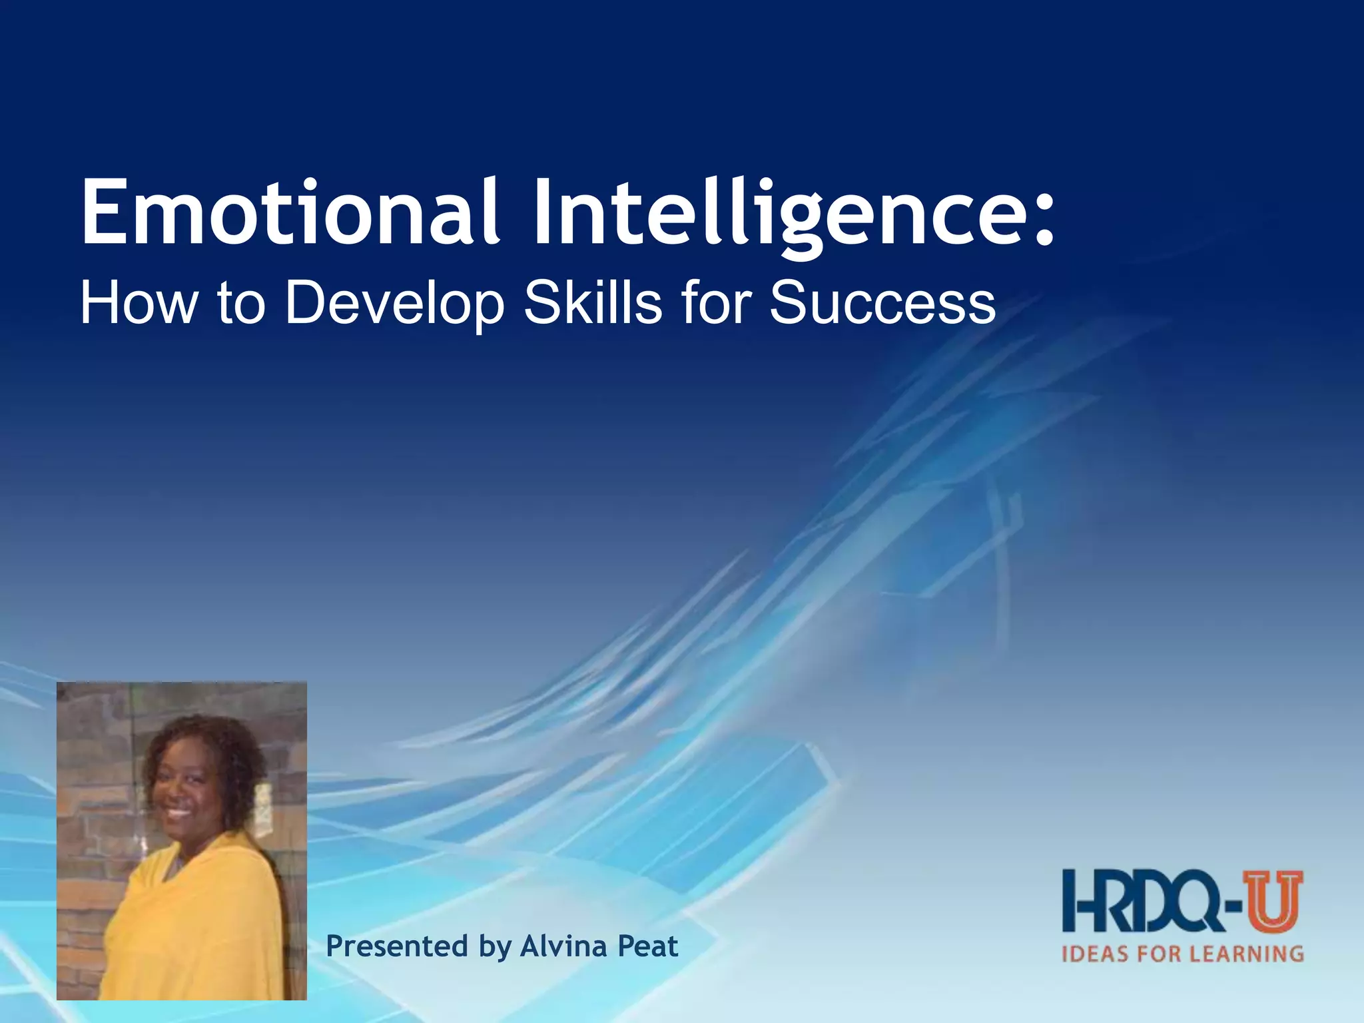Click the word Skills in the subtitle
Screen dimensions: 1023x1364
[593, 303]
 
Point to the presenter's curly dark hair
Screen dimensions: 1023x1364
[200, 739]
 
